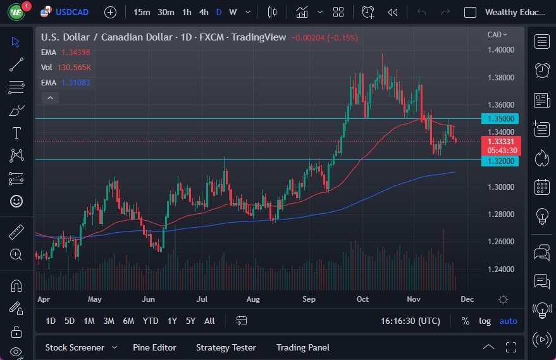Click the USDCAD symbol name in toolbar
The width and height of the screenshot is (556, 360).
point(72,12)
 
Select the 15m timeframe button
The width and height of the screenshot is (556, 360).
point(142,12)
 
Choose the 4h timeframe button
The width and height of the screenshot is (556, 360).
point(203,12)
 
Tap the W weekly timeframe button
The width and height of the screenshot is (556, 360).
point(233,12)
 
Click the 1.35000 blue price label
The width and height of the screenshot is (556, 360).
point(500,118)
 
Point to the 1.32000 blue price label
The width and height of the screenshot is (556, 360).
point(500,161)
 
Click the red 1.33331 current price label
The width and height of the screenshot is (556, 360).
point(500,141)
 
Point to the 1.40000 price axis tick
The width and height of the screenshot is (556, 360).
point(500,50)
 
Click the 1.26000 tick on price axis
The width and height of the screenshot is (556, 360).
point(500,242)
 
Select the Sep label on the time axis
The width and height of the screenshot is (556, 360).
point(309,299)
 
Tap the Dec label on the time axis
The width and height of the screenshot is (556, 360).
point(467,299)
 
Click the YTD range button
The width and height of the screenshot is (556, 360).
point(151,321)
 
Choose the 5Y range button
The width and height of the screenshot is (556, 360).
point(190,321)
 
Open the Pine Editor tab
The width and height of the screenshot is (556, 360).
point(154,347)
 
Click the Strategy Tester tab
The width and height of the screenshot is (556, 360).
point(226,347)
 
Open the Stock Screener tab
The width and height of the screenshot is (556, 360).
point(74,347)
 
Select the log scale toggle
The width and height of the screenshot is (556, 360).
point(485,321)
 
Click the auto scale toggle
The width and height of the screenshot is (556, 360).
point(508,321)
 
